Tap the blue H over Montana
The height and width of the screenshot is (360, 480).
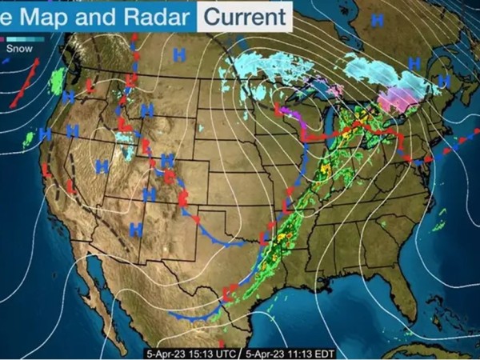pyautogui.click(x=179, y=54)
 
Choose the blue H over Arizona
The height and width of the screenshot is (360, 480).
pyautogui.click(x=136, y=229)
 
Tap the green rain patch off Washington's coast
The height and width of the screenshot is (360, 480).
pyautogui.click(x=57, y=79)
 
